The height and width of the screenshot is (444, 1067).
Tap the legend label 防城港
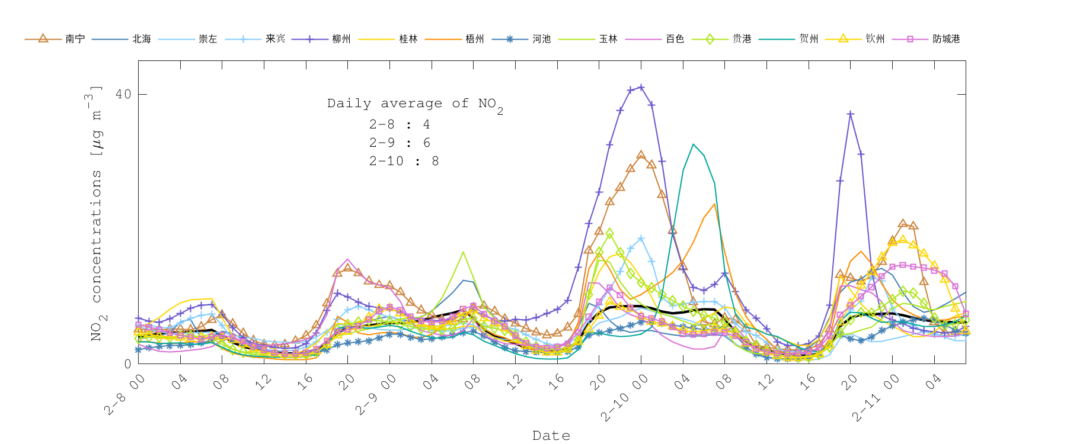[945, 39]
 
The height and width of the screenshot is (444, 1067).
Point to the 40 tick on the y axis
[123, 94]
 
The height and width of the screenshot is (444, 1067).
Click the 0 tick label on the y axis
[127, 363]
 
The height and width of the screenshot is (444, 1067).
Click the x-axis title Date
[551, 436]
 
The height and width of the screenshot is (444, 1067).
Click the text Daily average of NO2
[415, 104]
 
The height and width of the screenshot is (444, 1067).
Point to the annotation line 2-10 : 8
[404, 161]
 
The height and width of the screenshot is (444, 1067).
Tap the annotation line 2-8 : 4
[399, 124]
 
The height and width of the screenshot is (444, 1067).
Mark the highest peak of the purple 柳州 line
[641, 88]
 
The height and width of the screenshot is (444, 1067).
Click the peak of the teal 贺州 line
[693, 144]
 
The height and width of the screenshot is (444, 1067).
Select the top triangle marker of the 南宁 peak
[641, 155]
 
